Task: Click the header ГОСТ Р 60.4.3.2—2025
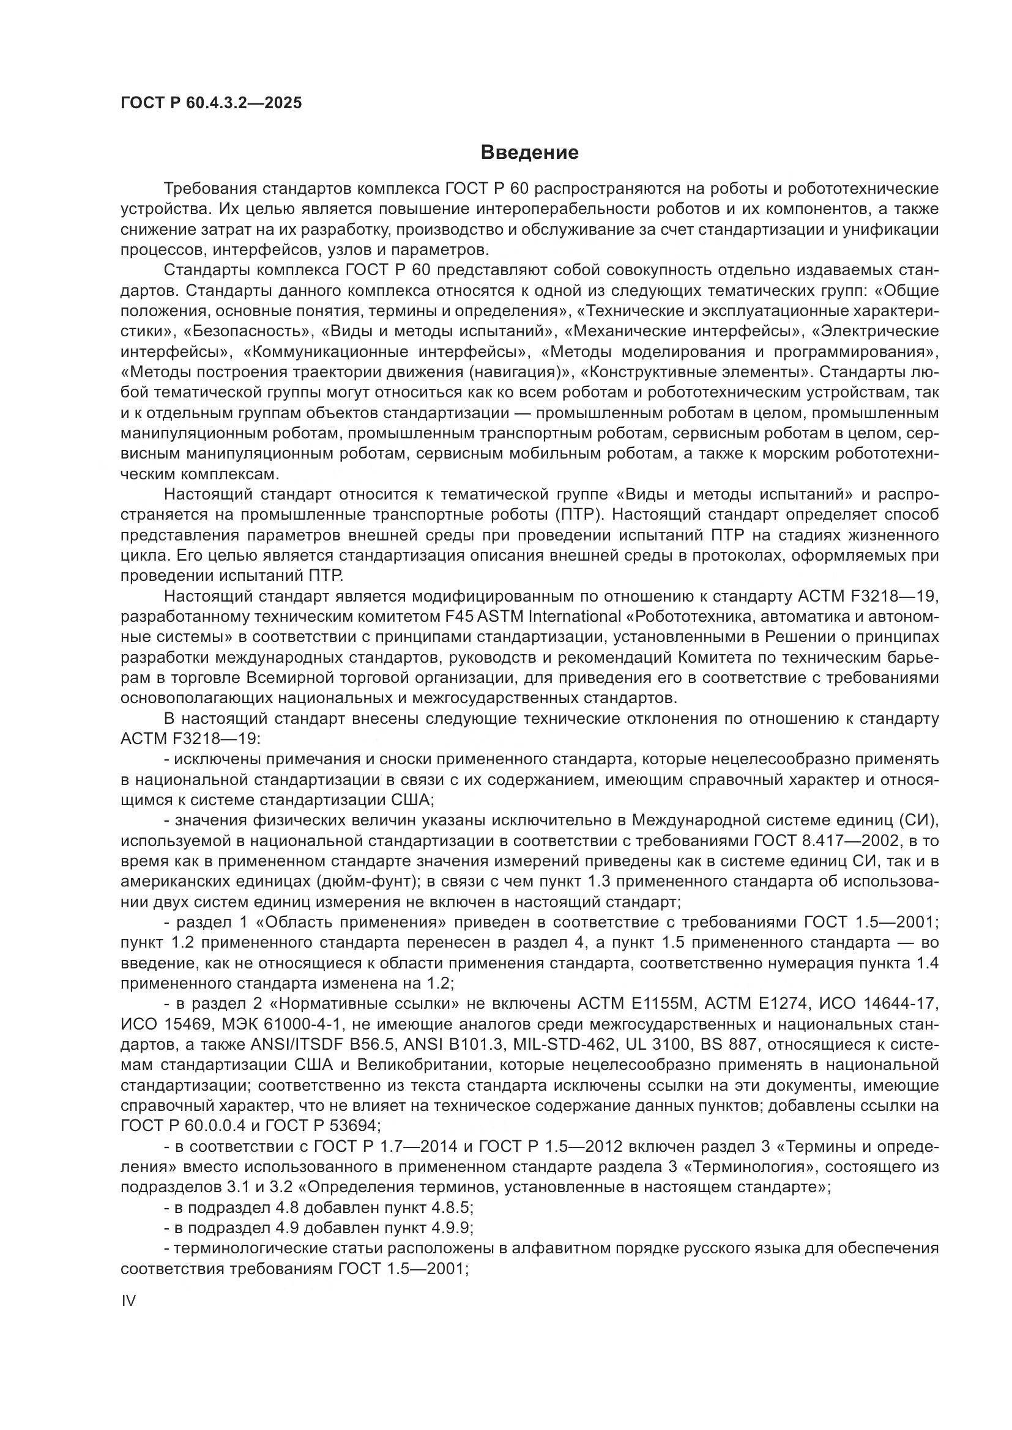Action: point(211,103)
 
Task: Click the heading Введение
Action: point(530,153)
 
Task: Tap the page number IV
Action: point(128,1300)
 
